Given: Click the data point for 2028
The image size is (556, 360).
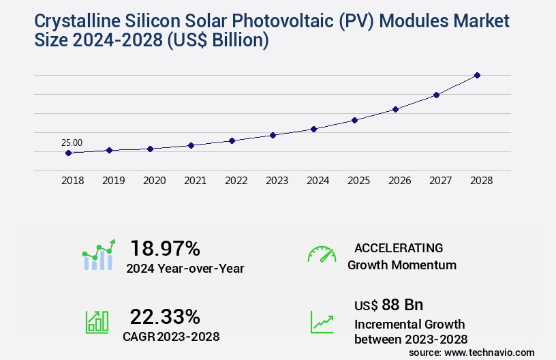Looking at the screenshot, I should (477, 75).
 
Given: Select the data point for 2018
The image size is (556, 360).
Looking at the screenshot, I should (68, 153).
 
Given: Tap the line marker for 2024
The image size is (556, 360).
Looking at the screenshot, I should (313, 129).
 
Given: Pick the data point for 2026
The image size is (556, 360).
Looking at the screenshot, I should (395, 109).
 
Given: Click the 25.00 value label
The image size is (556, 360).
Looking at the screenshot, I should (72, 142).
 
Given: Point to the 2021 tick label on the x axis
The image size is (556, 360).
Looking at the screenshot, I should (195, 181).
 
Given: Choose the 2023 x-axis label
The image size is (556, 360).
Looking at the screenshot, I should (277, 181).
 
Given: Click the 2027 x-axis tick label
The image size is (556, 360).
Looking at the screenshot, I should (440, 181).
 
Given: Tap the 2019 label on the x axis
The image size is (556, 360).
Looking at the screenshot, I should (113, 181).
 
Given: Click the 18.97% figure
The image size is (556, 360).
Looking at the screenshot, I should (165, 248).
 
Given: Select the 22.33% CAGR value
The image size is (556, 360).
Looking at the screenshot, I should (165, 317).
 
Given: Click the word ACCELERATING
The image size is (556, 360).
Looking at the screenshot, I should (398, 247).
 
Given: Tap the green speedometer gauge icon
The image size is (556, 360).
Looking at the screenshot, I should (322, 254).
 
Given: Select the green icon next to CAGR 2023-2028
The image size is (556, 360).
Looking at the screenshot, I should (97, 322).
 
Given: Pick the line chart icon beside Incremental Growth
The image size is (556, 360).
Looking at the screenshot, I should (322, 322).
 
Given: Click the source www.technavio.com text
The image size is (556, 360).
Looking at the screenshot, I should (472, 352).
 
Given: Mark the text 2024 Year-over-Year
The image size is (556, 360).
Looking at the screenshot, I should (185, 269).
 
